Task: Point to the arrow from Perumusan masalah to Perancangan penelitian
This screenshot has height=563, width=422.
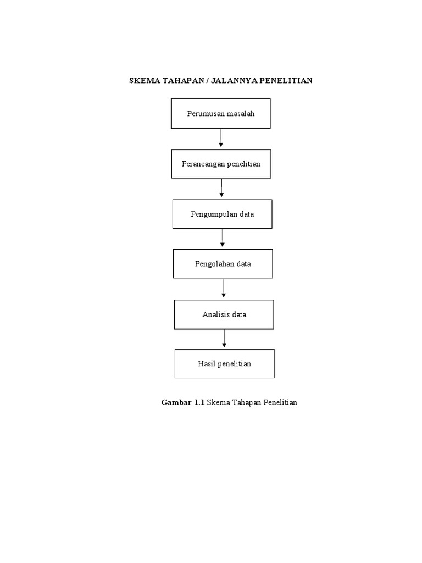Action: (221, 138)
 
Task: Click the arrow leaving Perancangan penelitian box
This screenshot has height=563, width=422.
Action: (221, 188)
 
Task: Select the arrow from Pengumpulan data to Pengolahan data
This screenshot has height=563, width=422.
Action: (223, 238)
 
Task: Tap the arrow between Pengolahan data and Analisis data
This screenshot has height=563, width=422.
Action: (224, 288)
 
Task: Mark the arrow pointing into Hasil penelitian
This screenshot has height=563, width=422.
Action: (224, 339)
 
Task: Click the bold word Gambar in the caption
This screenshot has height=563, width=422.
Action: (176, 402)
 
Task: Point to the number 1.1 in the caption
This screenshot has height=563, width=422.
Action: (199, 402)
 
